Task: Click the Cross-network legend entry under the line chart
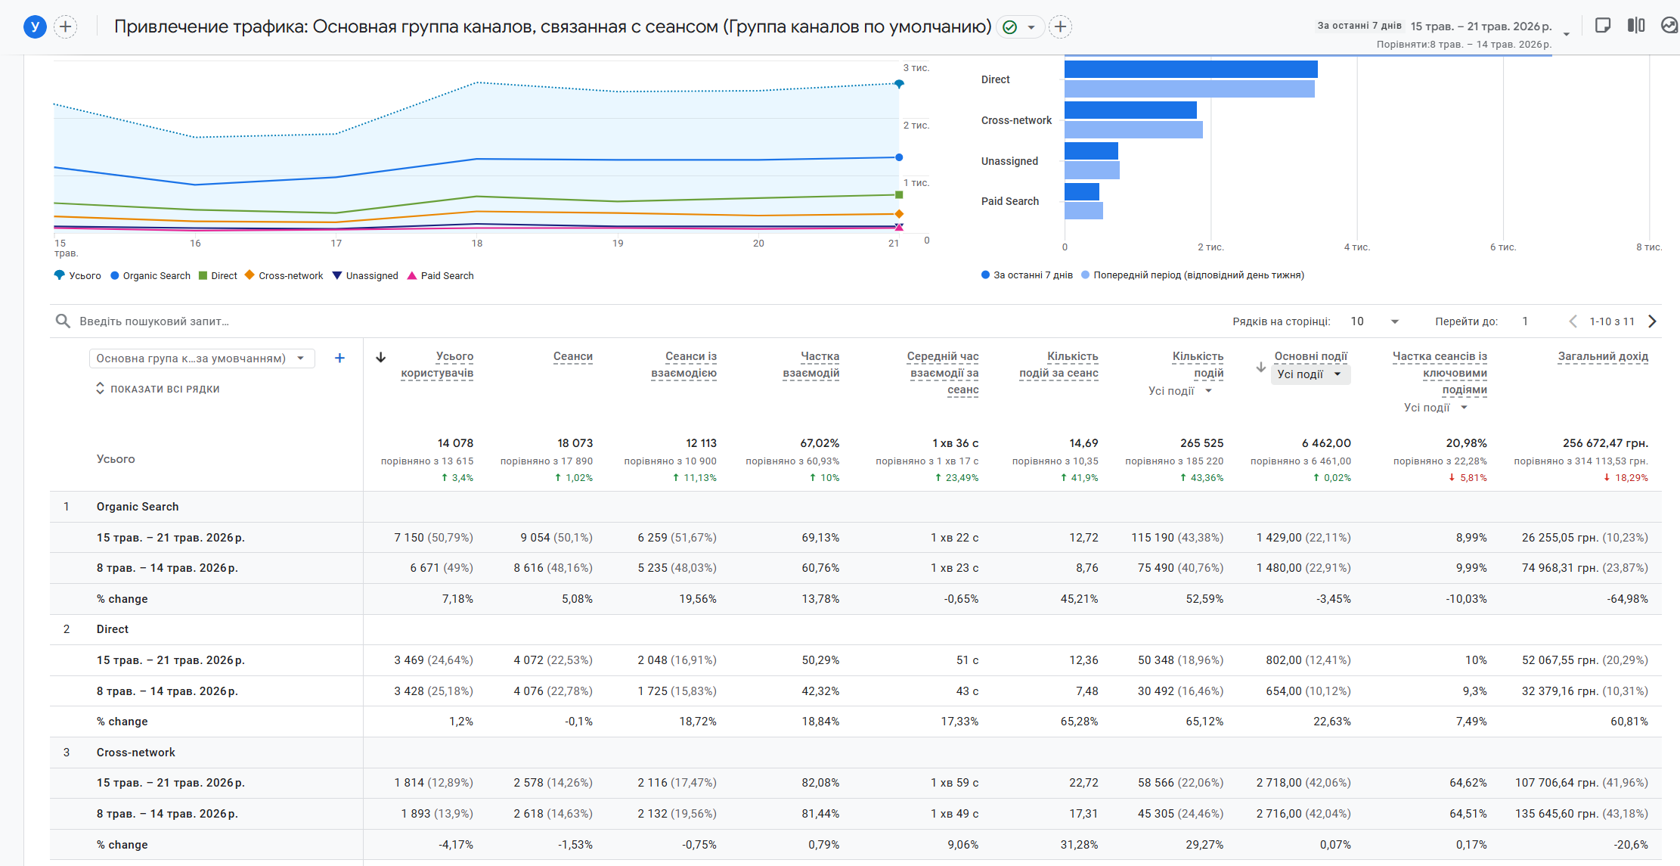[284, 276]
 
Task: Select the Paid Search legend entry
[441, 276]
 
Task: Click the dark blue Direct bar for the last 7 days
[1191, 70]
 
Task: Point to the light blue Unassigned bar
[1092, 170]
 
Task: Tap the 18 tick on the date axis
[477, 244]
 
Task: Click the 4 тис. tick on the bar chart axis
[1357, 247]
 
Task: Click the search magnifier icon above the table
[63, 321]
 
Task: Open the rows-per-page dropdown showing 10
[1375, 321]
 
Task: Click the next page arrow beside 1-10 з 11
[1653, 321]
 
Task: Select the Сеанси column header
[573, 356]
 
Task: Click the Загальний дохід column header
[1603, 356]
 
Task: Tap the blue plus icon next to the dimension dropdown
[339, 359]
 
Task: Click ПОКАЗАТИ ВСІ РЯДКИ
[158, 389]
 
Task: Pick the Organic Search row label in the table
[138, 507]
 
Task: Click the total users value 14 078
[455, 443]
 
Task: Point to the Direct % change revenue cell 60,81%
[1629, 722]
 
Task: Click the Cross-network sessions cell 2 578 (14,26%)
[553, 783]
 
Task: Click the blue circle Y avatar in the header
[35, 27]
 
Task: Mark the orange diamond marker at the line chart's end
[899, 214]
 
